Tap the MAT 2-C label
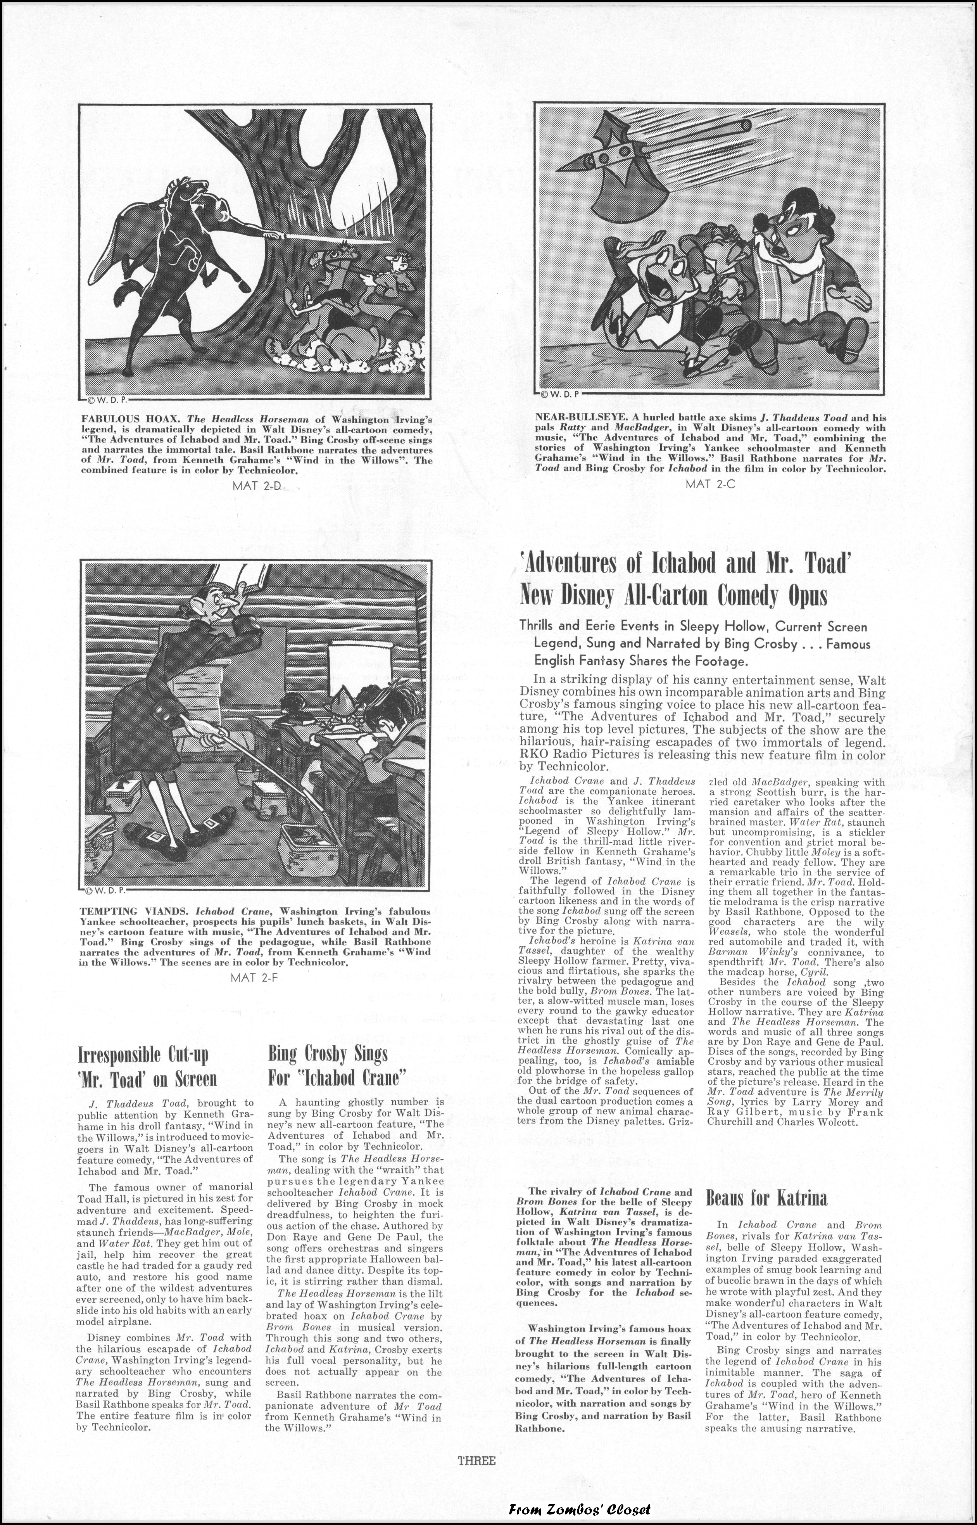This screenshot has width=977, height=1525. click(x=710, y=484)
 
